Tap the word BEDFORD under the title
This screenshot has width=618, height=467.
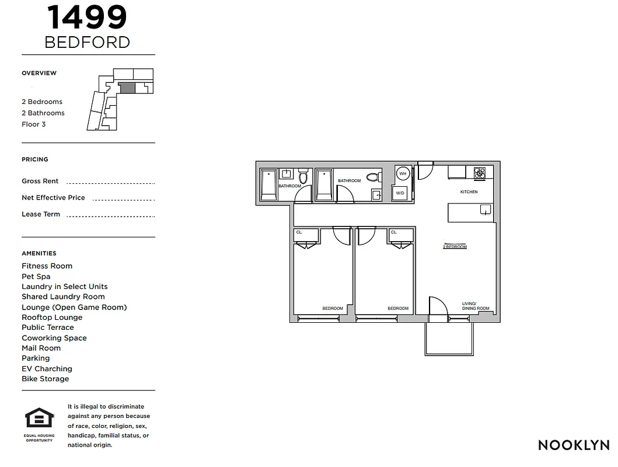point(87,42)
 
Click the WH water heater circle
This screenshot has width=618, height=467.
point(402,173)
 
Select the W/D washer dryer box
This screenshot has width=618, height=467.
point(400,193)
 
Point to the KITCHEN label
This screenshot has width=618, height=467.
point(469,191)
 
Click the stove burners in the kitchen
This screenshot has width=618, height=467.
point(479,173)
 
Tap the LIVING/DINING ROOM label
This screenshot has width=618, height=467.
point(475,306)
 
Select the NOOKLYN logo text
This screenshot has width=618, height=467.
point(574,445)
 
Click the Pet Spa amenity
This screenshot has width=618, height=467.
point(36,277)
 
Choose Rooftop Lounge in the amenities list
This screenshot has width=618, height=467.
point(52,318)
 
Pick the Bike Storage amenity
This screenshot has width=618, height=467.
point(45,379)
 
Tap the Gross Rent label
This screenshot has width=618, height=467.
point(40,181)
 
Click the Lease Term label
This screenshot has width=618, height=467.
point(41,214)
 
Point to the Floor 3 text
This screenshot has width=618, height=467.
point(33,124)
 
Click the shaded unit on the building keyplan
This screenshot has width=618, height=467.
point(127,88)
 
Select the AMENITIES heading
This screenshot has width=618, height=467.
point(39,253)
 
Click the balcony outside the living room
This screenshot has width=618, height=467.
point(448,338)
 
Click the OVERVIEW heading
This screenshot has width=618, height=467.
point(39,73)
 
